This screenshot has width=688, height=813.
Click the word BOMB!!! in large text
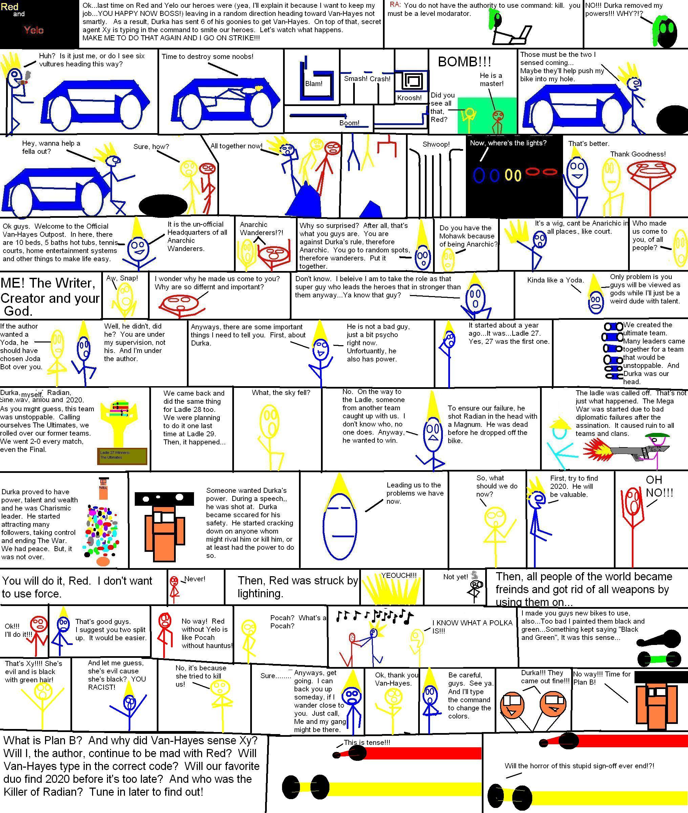464,62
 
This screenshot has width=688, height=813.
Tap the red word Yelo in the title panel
34,30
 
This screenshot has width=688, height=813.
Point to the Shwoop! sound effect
436,144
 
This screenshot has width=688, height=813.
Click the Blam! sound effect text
314,83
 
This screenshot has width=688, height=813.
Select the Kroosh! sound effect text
409,98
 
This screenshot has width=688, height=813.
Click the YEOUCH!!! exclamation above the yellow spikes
399,576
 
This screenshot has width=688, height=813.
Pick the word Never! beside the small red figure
195,579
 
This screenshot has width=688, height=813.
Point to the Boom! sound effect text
349,123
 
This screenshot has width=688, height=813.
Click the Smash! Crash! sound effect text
367,79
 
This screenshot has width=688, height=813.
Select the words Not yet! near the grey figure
455,577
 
